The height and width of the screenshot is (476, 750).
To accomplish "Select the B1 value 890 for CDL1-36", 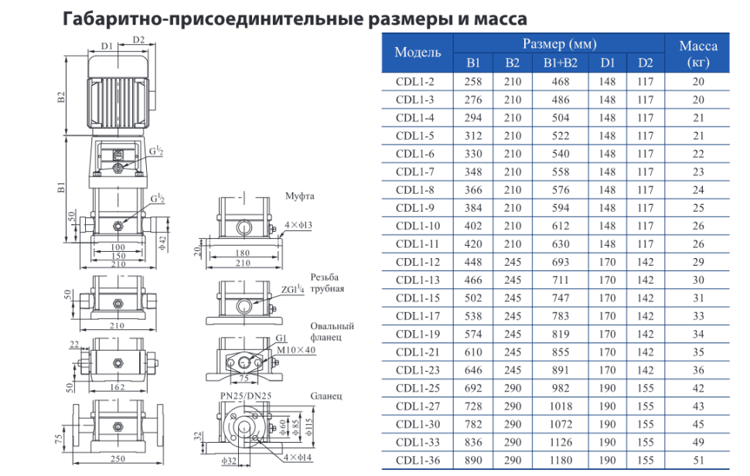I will (472, 461).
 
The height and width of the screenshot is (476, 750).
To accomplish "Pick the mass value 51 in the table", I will (699, 461).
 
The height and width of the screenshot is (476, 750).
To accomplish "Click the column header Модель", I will (418, 53).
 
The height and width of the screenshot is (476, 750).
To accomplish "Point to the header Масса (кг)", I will (698, 53).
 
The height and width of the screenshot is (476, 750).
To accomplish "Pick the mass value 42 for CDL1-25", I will (699, 389).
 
